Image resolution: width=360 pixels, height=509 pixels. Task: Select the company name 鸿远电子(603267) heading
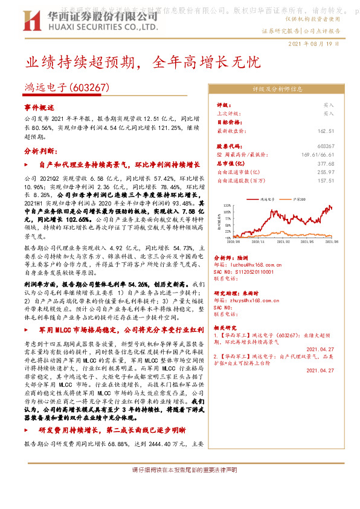point(66,88)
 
